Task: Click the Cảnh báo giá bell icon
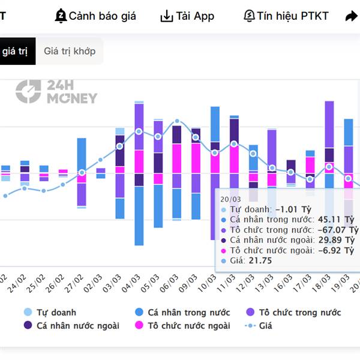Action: tap(61, 16)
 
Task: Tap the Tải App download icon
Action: tap(166, 16)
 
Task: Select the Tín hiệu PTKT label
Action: tap(293, 16)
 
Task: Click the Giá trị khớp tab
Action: tap(70, 51)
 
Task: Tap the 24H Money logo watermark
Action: tap(56, 92)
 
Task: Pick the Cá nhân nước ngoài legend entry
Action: tap(71, 326)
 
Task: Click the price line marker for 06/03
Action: tap(177, 122)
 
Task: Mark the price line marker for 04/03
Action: tap(139, 131)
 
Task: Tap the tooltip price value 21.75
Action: tap(260, 260)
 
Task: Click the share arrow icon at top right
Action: tap(351, 17)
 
